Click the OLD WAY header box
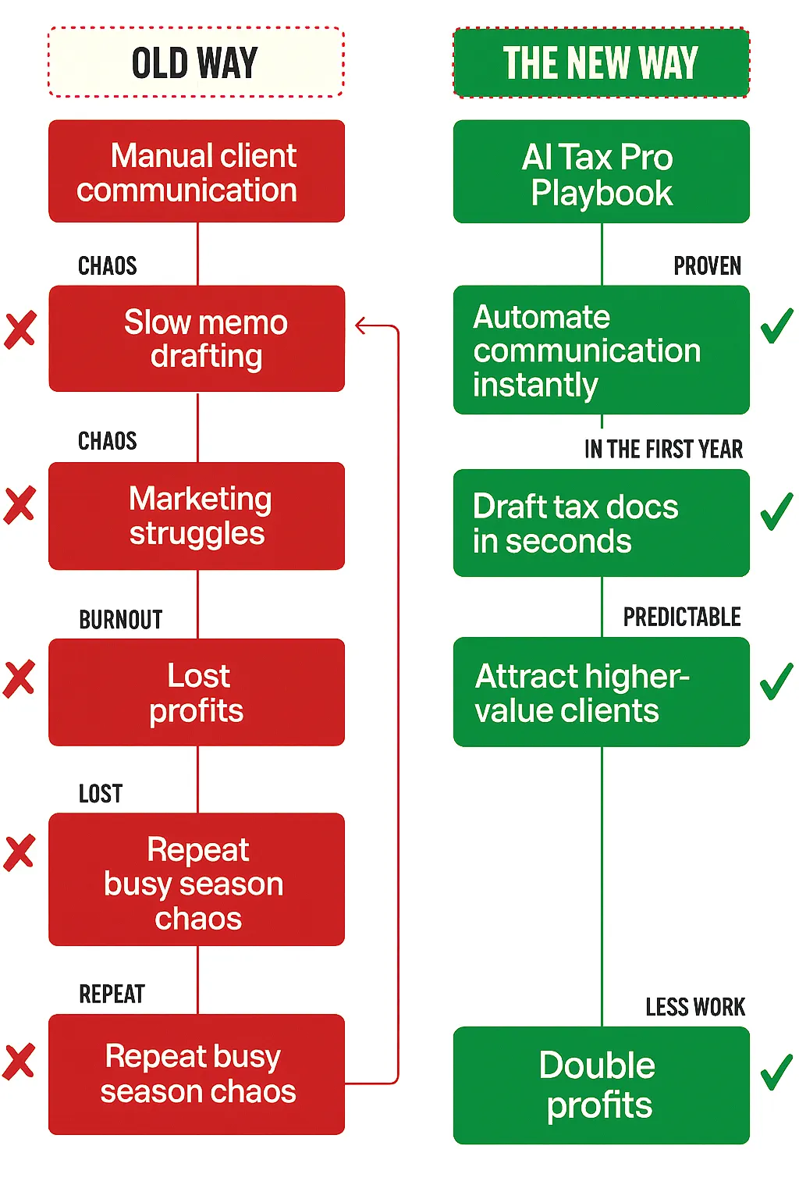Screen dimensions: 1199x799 coord(196,62)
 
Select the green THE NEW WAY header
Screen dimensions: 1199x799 coord(601,63)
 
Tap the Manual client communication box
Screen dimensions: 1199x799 coord(196,172)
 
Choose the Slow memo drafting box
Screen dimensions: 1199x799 coord(196,339)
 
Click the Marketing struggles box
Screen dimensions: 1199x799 coord(196,516)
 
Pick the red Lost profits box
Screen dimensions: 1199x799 coord(196,692)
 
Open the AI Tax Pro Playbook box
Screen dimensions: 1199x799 coord(601,173)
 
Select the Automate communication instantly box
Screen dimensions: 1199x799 coord(601,350)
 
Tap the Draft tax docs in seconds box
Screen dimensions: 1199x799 coord(601,523)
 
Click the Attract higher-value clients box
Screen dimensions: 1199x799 coord(601,692)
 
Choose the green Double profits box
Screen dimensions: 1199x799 coord(601,1085)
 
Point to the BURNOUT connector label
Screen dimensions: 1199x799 coord(121,620)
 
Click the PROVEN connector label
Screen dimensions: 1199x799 coord(707,266)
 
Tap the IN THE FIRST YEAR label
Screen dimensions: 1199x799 coord(663,450)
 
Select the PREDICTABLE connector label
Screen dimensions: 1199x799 coord(682,617)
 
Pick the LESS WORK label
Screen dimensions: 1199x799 coord(695,1007)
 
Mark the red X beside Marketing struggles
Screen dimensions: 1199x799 coord(20,504)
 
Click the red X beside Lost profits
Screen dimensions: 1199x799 coord(20,678)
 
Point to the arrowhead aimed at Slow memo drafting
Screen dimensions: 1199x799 coord(360,326)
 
